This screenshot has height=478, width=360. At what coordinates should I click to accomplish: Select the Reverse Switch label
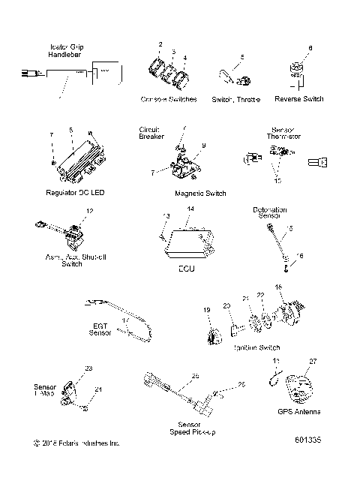(298, 99)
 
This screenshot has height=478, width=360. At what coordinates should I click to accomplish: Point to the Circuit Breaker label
(149, 133)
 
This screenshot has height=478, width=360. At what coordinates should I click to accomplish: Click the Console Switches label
(169, 99)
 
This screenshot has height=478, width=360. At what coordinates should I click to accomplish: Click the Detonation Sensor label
(271, 213)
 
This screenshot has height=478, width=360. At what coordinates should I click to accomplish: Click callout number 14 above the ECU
(190, 208)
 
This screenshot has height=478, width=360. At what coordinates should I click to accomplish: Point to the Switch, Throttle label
(235, 99)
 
